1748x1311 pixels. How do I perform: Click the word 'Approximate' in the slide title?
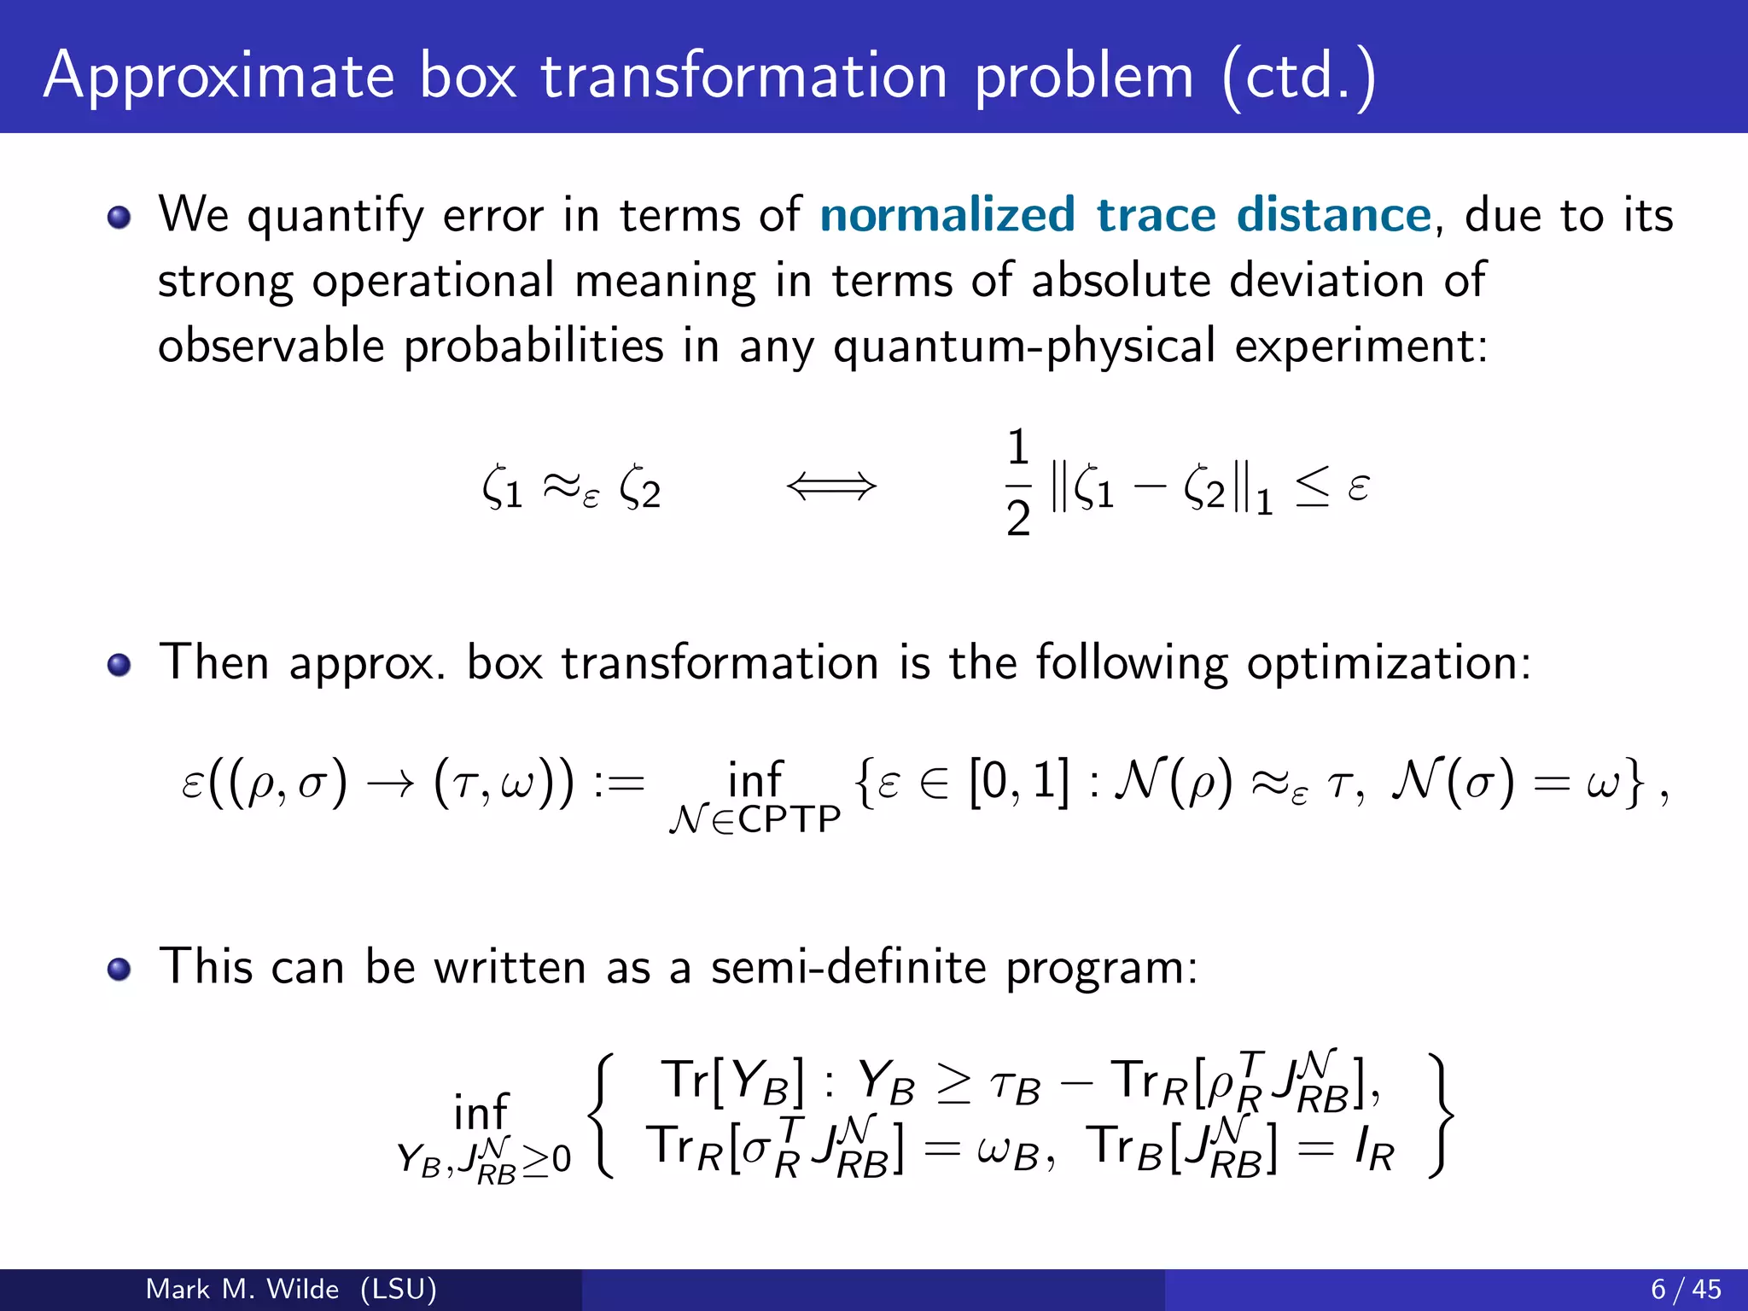[x=218, y=77]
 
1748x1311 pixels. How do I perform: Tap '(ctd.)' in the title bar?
[x=1298, y=77]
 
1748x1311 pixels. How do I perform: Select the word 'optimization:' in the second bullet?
[x=1389, y=663]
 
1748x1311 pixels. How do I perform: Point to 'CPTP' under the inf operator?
[x=790, y=820]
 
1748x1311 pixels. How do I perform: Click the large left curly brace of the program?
[x=603, y=1116]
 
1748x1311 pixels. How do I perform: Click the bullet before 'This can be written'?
[x=119, y=970]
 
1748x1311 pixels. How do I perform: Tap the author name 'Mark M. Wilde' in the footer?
[x=242, y=1289]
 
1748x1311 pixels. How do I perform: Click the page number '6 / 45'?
[x=1686, y=1289]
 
